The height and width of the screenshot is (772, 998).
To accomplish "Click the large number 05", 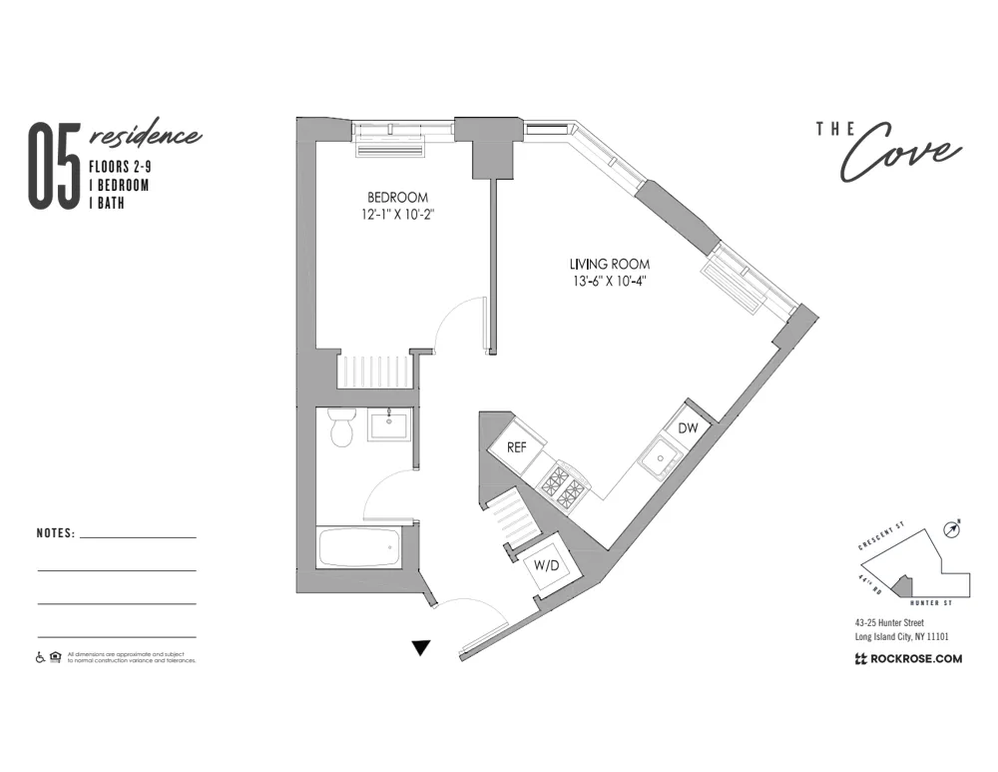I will click(54, 167).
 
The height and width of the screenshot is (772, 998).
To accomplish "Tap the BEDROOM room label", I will click(397, 197).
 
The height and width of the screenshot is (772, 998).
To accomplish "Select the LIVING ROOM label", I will click(609, 264).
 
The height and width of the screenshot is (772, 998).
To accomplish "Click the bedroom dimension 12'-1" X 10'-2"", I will click(397, 214).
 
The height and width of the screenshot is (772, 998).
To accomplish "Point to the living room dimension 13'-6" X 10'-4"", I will click(609, 281).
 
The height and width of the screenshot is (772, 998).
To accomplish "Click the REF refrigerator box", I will click(517, 447).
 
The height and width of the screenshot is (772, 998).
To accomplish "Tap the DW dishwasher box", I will click(688, 427).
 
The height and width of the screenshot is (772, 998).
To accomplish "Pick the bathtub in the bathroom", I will click(359, 547).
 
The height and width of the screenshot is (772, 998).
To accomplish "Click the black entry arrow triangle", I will click(421, 648).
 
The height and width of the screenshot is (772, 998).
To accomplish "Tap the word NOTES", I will click(56, 533).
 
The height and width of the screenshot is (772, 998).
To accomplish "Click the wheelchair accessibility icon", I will click(41, 657).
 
